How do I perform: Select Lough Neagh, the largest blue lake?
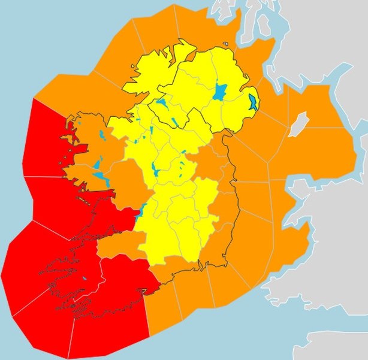(220, 92)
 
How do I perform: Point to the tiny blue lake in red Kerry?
(85, 279)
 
